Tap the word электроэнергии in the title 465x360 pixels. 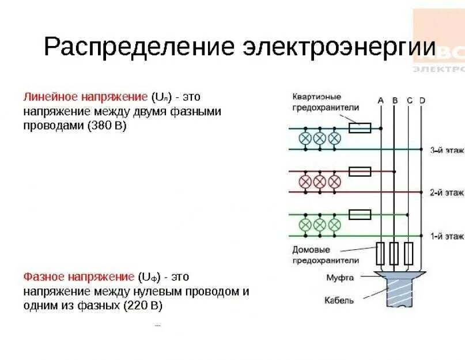pos(340,47)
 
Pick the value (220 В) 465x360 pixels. pos(143,306)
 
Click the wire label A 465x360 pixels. pos(380,100)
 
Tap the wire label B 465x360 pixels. pos(395,100)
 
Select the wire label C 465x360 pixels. pos(409,100)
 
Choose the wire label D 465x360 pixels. pos(422,100)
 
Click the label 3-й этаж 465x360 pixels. pos(447,150)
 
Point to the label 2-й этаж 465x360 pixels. pos(447,193)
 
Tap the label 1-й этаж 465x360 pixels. pos(447,236)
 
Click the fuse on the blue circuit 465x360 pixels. pos(360,128)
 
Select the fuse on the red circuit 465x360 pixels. pos(360,171)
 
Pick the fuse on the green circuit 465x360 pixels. pos(360,215)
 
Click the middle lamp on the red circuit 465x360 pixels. pos(320,182)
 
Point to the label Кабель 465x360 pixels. pos(339,300)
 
